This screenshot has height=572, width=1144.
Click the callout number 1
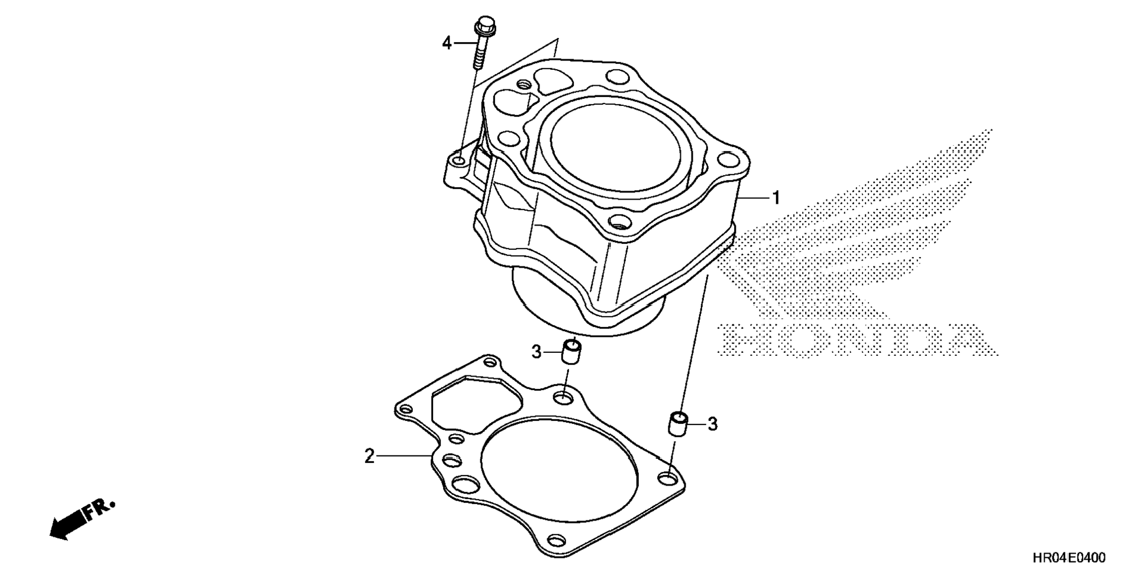pos(775,198)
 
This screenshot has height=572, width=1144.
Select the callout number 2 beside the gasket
pos(369,457)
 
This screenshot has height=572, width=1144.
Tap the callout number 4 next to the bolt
pos(447,43)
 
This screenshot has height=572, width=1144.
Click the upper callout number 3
pos(536,352)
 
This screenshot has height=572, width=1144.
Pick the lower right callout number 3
pos(713,424)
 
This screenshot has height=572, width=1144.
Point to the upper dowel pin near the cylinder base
pos(571,352)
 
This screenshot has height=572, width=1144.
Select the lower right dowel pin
pos(677,423)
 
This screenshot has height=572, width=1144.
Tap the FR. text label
pos(99,508)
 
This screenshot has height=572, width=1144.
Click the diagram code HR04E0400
pos(1068,558)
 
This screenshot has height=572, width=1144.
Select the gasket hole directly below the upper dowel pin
pos(564,397)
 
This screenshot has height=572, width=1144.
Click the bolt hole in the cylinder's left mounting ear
pos(457,161)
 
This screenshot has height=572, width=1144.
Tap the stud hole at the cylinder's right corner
pos(726,159)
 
